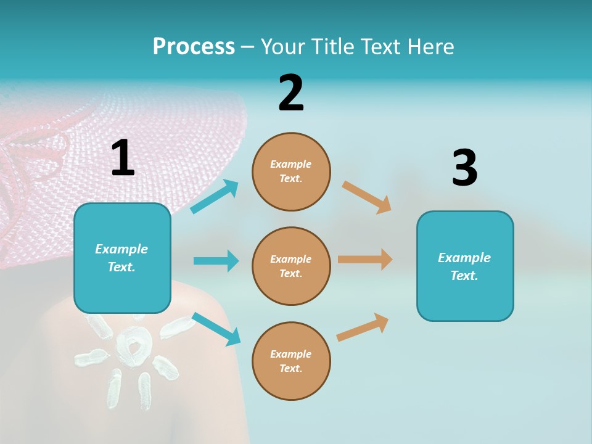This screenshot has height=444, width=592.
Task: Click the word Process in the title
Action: (194, 46)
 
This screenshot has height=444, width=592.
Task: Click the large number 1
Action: (123, 158)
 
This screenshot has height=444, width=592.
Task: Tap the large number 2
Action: (291, 93)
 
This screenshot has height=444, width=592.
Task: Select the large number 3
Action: (464, 168)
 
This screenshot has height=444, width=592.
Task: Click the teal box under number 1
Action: (122, 258)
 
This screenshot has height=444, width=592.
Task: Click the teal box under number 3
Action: (465, 266)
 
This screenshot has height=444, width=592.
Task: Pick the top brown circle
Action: (291, 171)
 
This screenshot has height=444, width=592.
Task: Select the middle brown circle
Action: (291, 266)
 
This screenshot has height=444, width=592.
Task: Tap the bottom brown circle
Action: (291, 361)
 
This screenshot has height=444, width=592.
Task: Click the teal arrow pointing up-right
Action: (215, 197)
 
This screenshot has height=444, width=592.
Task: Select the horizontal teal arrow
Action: (216, 261)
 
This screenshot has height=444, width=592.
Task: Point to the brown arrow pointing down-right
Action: (367, 197)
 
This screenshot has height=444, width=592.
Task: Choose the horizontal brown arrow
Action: (365, 259)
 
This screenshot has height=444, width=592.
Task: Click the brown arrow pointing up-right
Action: (363, 327)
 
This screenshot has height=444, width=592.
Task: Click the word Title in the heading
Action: (334, 46)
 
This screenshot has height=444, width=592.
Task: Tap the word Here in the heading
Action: (431, 46)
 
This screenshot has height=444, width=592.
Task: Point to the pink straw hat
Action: (123, 154)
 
